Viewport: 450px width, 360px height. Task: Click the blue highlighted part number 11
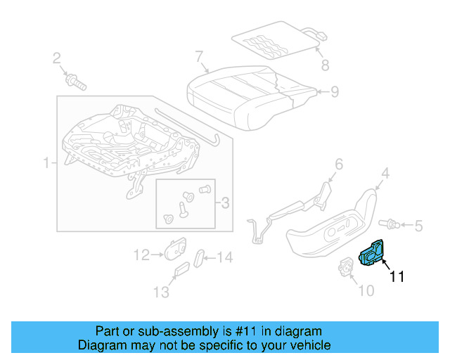pos(371,255)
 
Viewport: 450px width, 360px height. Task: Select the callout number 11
pos(397,277)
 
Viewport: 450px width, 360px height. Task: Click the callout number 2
pos(57,58)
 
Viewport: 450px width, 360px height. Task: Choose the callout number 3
pos(225,204)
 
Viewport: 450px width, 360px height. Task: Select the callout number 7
pos(199,56)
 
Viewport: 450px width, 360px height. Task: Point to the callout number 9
pos(335,91)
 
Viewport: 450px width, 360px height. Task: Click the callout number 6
pos(338,165)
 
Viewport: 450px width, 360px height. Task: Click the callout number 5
pos(418,226)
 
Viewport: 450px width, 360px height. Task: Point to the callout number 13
pos(162,291)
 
